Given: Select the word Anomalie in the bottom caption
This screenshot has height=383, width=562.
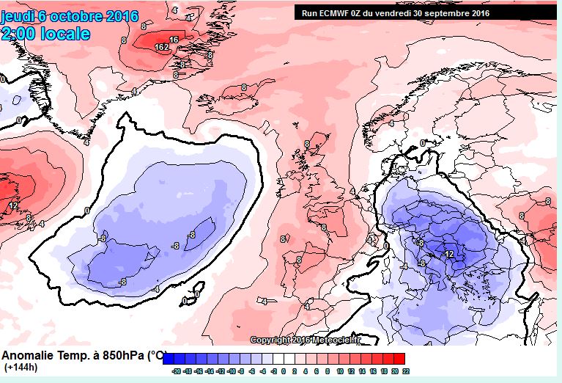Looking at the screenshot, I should click(x=28, y=355).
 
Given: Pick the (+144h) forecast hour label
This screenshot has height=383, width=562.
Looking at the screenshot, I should click(x=22, y=366).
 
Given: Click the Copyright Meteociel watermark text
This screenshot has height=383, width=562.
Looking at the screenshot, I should click(x=306, y=340).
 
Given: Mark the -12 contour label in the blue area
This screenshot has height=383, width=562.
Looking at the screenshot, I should click(x=448, y=254).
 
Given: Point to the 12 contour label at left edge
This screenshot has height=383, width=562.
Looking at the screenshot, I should click(x=13, y=206).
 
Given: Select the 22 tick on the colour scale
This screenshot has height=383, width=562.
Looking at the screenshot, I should click(x=405, y=372).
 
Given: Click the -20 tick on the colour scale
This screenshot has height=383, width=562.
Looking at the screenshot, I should click(x=176, y=372).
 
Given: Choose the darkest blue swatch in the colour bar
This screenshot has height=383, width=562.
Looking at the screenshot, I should click(x=169, y=358).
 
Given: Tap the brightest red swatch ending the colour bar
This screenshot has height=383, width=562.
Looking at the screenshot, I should click(x=399, y=358).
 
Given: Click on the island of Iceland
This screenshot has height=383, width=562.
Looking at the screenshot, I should click(x=250, y=91).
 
